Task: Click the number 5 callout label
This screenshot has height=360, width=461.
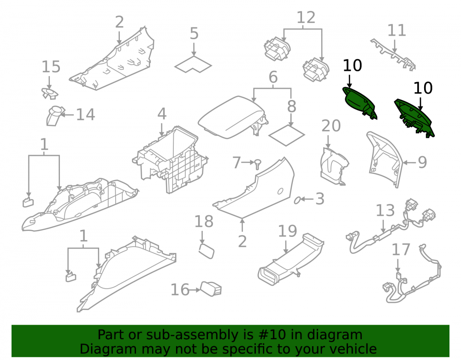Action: (194, 34)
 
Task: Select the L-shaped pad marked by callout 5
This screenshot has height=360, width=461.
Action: (193, 64)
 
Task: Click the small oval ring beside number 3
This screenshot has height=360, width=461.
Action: (297, 200)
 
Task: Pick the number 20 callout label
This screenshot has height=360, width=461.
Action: (331, 126)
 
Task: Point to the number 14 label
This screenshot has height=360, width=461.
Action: (86, 115)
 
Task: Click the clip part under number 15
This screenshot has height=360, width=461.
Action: (49, 94)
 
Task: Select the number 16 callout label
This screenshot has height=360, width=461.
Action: (180, 290)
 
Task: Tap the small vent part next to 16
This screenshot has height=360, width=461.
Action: (211, 289)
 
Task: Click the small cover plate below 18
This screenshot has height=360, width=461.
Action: (207, 251)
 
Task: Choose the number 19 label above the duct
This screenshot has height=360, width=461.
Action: (288, 231)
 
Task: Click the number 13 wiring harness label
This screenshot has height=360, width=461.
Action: (385, 210)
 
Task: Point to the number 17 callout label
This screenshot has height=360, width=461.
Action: (401, 250)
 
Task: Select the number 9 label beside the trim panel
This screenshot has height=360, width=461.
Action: (422, 162)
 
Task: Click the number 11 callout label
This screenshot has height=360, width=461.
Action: (396, 30)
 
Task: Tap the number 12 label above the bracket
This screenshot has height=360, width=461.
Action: (306, 18)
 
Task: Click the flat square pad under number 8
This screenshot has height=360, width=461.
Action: (286, 136)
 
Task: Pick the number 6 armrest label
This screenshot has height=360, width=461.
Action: (273, 77)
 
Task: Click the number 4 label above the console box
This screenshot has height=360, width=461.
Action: (162, 114)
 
